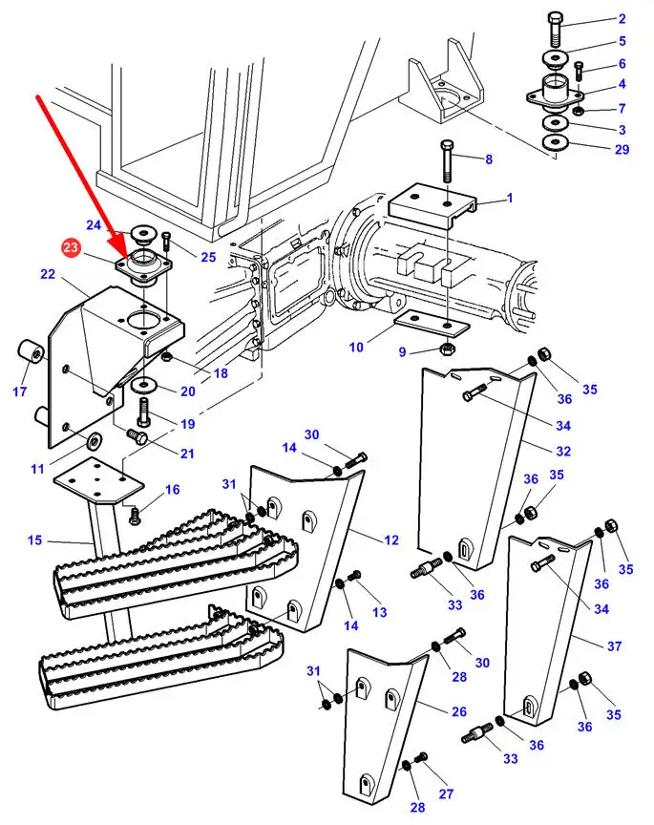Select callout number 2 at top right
622,18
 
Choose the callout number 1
509,199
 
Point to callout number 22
48,275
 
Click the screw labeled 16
135,516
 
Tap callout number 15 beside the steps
34,540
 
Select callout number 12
391,540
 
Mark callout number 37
614,646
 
